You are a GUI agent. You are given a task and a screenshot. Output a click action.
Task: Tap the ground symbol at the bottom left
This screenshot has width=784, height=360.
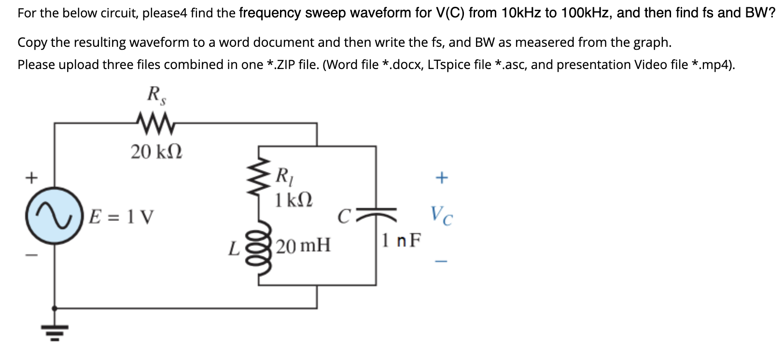coord(54,332)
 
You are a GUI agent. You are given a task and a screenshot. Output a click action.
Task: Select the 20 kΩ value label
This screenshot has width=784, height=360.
coord(156,152)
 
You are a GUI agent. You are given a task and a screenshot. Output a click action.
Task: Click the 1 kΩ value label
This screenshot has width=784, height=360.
coord(294,199)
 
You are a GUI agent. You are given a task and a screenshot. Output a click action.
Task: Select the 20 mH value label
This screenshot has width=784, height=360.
coord(304,246)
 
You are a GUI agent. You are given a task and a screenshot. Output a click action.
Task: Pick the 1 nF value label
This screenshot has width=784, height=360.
coord(401,239)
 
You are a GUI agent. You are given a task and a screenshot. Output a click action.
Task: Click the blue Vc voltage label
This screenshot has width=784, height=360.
coord(441,216)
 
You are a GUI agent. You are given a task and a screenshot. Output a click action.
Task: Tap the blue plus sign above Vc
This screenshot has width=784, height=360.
coord(441,178)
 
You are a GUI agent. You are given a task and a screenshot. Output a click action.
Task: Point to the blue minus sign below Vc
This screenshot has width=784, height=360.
coord(441,261)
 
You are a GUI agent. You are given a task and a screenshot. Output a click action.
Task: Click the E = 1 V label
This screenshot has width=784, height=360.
coord(122,217)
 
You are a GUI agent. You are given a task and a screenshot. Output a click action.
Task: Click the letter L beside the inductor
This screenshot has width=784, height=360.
coord(234,249)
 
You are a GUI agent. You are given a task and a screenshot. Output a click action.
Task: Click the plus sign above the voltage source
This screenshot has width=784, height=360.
coord(31,178)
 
